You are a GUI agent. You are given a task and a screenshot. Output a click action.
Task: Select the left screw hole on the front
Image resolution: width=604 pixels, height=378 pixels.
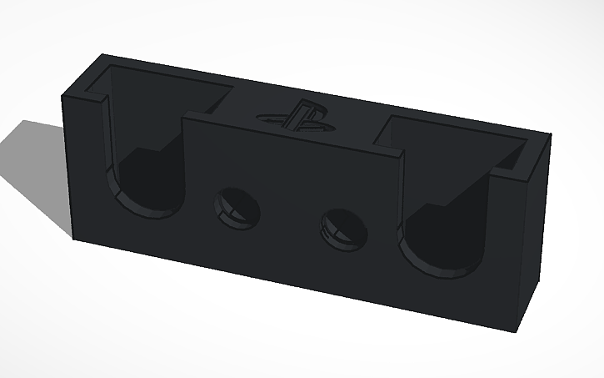237,206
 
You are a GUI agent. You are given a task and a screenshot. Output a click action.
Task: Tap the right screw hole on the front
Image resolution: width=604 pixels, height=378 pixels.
342,225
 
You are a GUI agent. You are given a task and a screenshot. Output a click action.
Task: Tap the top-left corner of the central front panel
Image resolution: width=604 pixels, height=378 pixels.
185,114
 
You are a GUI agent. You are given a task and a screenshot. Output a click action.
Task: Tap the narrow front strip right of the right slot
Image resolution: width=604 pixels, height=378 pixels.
508,250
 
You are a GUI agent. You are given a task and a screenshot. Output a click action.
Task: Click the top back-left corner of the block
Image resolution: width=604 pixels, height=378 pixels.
102,55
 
